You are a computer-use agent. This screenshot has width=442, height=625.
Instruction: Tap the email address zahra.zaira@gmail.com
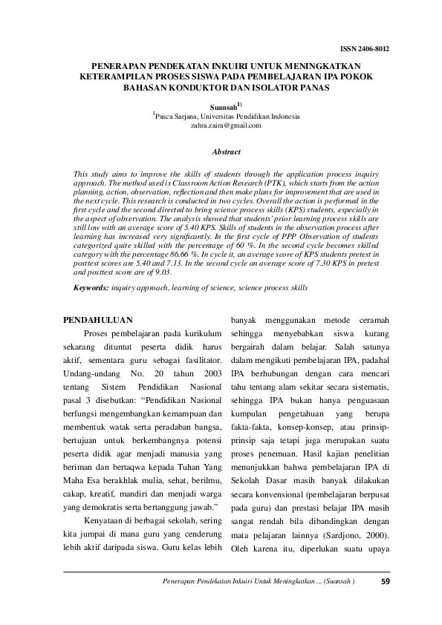[x=226, y=125]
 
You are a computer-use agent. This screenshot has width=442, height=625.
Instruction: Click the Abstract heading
[x=226, y=151]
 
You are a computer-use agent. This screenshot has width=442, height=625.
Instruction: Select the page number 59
[x=384, y=581]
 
